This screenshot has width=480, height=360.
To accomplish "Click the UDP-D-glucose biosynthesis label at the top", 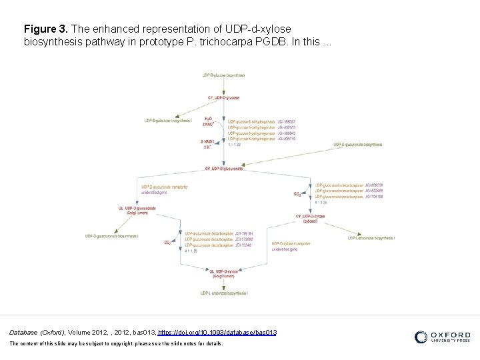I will [x=223, y=75].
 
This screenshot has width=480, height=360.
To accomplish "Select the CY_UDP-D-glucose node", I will [x=223, y=97].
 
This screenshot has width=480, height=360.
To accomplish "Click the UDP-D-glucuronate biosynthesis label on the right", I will [x=357, y=144].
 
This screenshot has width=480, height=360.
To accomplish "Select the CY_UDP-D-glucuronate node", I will [x=223, y=169].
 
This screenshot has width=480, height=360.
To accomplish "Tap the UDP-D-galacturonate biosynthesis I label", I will [x=111, y=236].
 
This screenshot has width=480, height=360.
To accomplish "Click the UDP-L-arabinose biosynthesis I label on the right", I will [x=371, y=238].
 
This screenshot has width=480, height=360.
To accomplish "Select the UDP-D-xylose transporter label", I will [x=291, y=244].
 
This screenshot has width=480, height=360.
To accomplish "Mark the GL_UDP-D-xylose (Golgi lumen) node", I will [x=223, y=273].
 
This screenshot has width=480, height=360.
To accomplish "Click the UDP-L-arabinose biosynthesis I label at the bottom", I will [x=223, y=293].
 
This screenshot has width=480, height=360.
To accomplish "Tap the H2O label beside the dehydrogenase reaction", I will [x=208, y=118].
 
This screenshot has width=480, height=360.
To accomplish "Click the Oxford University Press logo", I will [x=442, y=337].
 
